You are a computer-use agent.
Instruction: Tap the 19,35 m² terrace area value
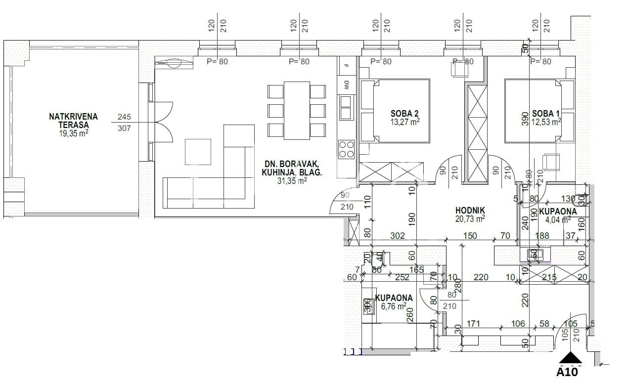tap(73, 133)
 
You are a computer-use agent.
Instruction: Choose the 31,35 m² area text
tap(292, 181)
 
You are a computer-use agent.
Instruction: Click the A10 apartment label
tap(568, 372)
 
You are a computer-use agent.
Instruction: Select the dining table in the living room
tap(296, 110)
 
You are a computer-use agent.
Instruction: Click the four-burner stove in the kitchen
tap(346, 149)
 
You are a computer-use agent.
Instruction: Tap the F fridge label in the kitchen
tap(346, 65)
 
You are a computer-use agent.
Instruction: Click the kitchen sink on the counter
tap(346, 107)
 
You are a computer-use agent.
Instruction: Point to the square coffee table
tap(198, 152)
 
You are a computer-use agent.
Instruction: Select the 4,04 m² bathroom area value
tap(558, 220)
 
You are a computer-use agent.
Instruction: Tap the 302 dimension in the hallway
tap(398, 236)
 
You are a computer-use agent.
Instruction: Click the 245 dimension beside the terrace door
tap(124, 117)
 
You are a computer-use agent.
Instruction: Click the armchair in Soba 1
tap(551, 162)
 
